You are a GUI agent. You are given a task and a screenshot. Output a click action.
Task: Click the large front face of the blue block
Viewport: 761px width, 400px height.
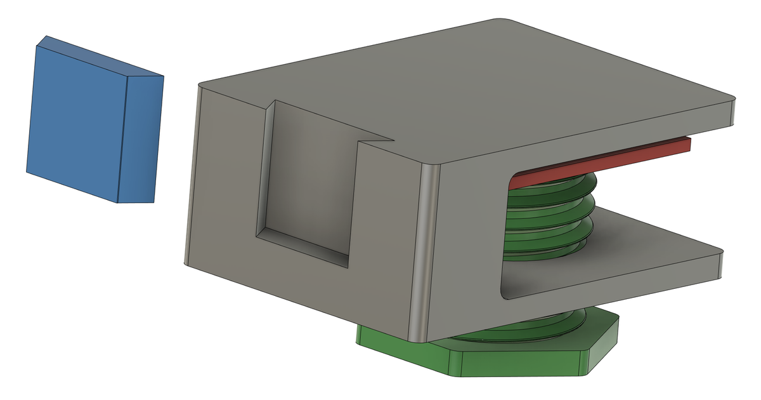point(76,121)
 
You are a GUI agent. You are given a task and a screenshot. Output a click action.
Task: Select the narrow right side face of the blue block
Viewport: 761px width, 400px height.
point(141,140)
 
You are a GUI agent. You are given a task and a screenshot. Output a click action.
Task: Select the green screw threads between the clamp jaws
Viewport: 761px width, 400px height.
point(545,216)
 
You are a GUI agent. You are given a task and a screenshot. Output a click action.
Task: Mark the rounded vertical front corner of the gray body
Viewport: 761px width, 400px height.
point(422,254)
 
